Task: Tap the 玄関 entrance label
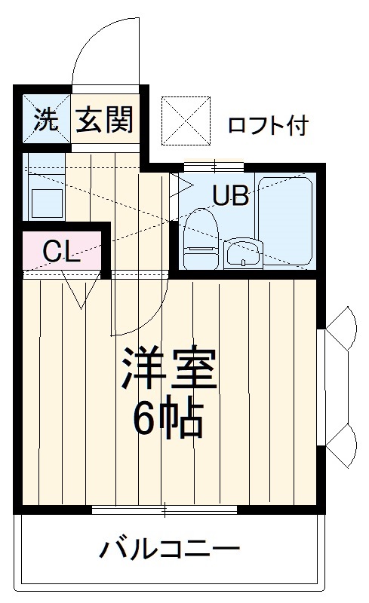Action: click(104, 120)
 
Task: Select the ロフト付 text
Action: click(268, 125)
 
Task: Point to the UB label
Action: click(230, 196)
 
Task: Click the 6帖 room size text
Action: click(168, 418)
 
